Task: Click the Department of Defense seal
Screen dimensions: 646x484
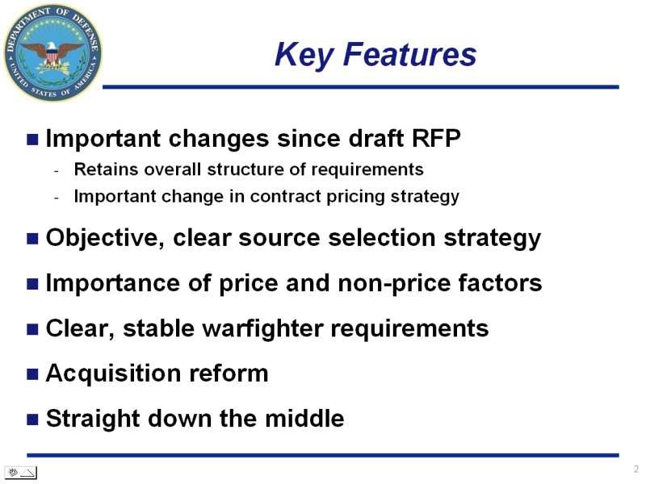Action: coord(53,53)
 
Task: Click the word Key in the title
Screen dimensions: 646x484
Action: coord(304,55)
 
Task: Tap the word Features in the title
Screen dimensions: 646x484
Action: coord(409,54)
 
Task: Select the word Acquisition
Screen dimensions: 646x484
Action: coord(113,373)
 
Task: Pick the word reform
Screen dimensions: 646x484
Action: coord(229,373)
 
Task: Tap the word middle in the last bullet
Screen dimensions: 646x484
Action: coord(304,419)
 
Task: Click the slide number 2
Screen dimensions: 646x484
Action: coord(636,469)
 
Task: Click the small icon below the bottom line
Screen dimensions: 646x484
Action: coord(21,473)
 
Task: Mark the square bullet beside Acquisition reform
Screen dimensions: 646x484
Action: coord(32,374)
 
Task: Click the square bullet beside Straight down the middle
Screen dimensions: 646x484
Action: coord(32,419)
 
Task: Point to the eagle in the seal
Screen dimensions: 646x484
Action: coord(52,53)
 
